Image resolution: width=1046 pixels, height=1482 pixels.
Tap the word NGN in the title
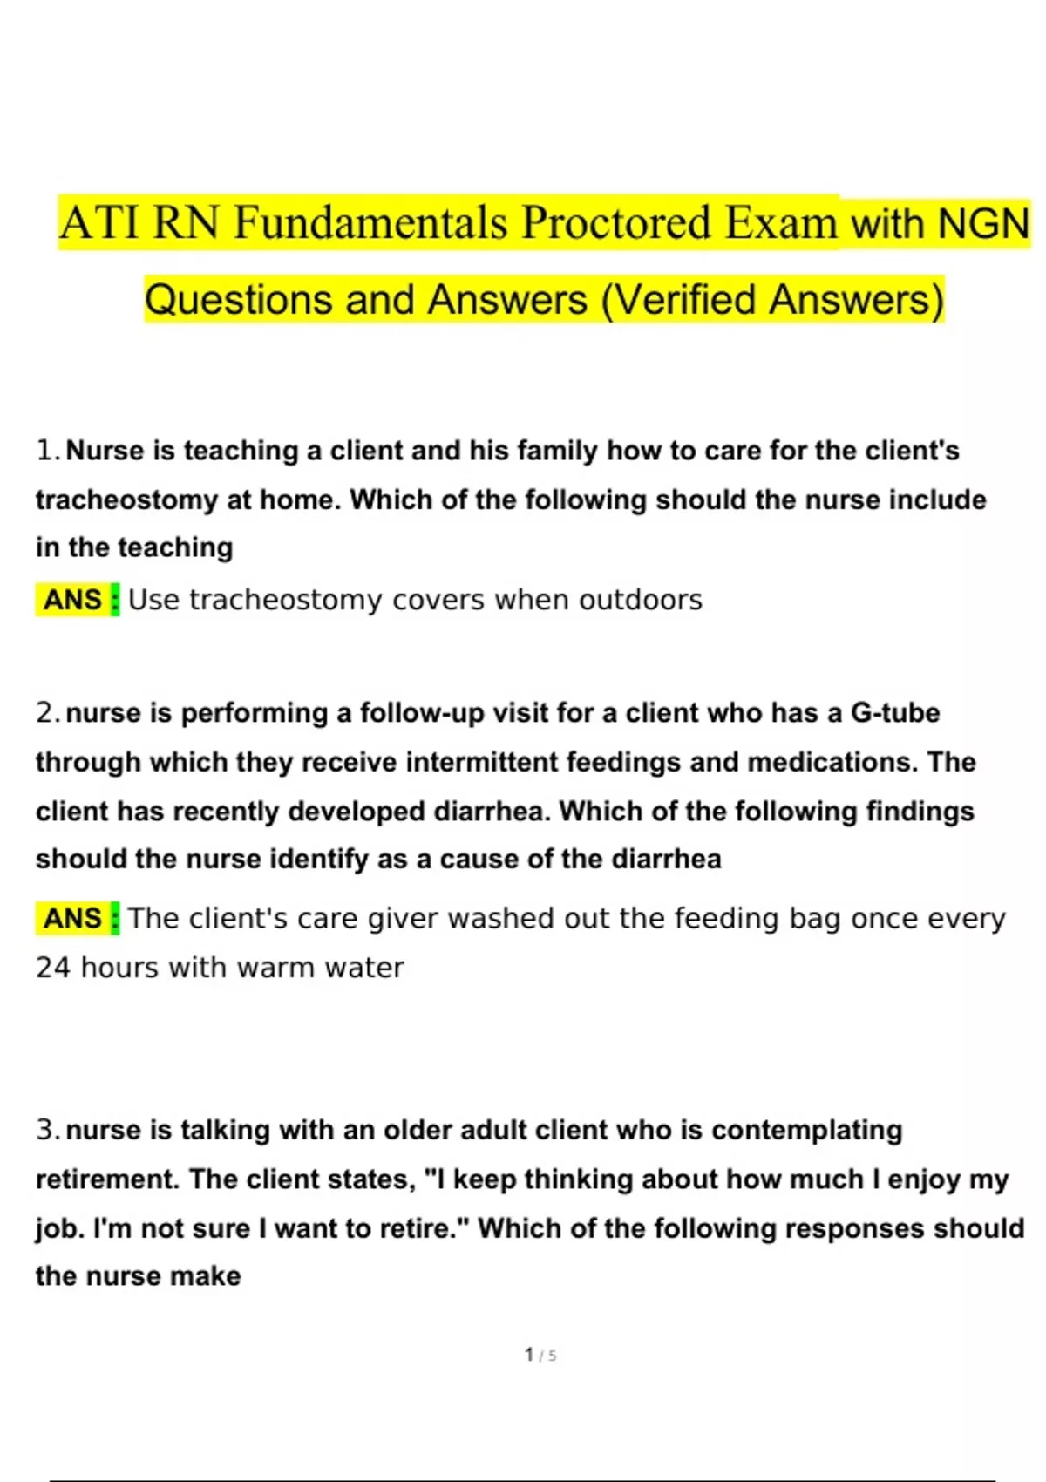pos(982,223)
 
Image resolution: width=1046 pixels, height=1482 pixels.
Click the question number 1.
pos(47,451)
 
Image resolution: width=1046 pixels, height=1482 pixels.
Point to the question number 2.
pos(47,713)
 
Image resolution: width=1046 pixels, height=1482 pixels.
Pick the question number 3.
pos(47,1130)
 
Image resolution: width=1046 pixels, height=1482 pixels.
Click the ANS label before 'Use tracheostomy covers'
pos(73,600)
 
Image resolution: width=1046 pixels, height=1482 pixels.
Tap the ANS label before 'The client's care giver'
pos(73,918)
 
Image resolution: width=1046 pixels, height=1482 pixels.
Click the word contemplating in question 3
pos(806,1130)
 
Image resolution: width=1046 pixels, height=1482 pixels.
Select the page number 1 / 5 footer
pos(540,1355)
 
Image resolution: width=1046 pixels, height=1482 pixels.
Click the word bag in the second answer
pos(815,919)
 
